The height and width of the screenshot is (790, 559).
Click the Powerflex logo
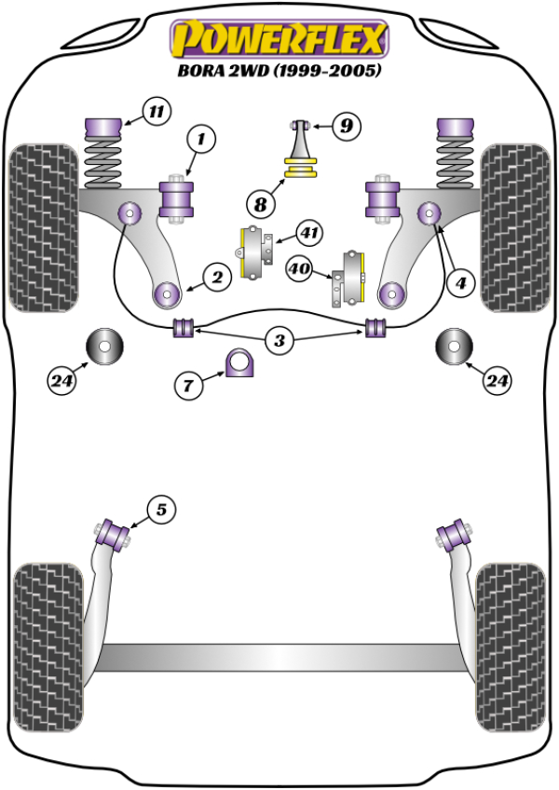(279, 39)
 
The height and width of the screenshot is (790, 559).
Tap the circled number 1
(199, 141)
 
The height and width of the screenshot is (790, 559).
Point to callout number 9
(345, 125)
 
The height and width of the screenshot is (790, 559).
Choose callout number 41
(308, 232)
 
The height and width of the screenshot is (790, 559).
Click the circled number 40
(299, 270)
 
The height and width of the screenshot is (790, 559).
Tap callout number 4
(457, 282)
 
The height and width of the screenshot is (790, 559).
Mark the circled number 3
(279, 341)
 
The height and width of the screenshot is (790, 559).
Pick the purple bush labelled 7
(240, 362)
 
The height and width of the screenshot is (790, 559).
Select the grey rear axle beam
(279, 657)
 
